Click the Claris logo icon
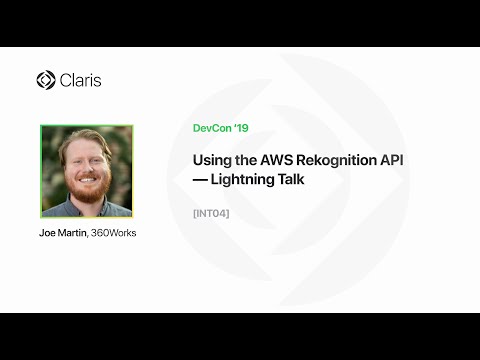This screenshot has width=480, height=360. (x=45, y=80)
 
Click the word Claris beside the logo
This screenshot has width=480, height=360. (x=81, y=80)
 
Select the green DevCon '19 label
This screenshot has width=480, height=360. (x=220, y=128)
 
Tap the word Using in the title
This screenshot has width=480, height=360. (x=211, y=160)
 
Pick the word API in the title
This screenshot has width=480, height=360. (x=375, y=160)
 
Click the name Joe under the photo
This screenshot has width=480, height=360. (x=47, y=233)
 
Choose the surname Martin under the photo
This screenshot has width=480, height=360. (x=74, y=233)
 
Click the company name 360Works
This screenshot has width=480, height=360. (x=115, y=233)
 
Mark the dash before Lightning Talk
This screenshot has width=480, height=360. (x=201, y=180)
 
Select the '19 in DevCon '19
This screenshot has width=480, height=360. (x=241, y=128)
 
